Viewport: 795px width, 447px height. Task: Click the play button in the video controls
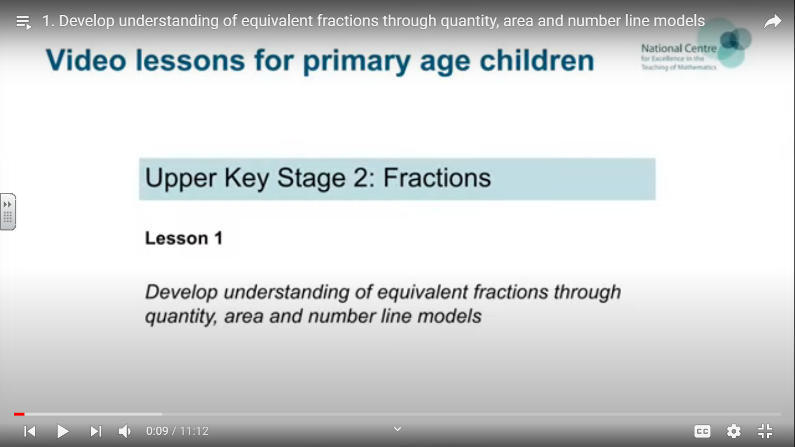click(x=63, y=431)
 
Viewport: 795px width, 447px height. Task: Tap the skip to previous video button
click(x=30, y=431)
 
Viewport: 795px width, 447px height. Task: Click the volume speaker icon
click(x=125, y=431)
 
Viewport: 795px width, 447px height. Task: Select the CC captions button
click(x=702, y=431)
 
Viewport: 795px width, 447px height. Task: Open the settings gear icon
click(x=734, y=431)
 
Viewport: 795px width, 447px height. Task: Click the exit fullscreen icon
click(x=765, y=431)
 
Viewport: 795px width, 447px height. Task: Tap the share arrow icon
click(x=773, y=22)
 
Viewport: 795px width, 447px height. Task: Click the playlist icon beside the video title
click(x=24, y=22)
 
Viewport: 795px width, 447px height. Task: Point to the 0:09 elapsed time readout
click(x=157, y=431)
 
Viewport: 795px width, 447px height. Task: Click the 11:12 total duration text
click(x=194, y=431)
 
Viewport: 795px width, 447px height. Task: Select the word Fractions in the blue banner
click(x=437, y=178)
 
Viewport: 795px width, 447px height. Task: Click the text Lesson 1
click(x=184, y=238)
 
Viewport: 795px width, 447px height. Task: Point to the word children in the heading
click(x=537, y=61)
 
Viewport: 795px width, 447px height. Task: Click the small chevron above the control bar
click(x=397, y=429)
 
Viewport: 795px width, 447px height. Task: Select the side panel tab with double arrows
click(x=8, y=212)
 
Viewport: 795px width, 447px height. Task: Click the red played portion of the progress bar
click(x=19, y=414)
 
